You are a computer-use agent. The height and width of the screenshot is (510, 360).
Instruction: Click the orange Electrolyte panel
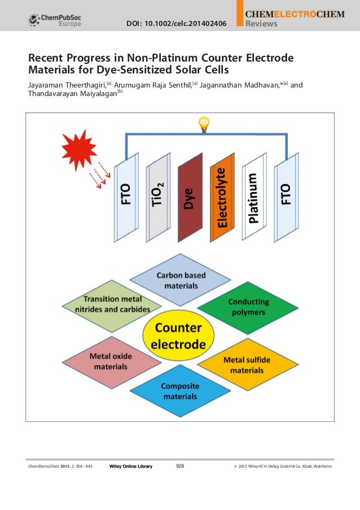tap(222, 198)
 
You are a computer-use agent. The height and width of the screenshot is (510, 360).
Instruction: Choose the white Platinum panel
tap(254, 198)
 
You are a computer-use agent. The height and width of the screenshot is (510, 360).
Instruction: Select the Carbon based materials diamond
tap(181, 280)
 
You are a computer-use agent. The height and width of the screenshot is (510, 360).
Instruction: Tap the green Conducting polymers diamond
tap(248, 306)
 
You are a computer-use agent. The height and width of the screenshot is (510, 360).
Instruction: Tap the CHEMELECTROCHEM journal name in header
tap(294, 13)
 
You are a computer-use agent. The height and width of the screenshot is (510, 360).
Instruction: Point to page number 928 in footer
tap(181, 466)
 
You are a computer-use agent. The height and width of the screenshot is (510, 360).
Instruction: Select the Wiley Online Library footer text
tap(130, 466)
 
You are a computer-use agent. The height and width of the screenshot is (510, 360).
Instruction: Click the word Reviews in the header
tap(261, 24)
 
